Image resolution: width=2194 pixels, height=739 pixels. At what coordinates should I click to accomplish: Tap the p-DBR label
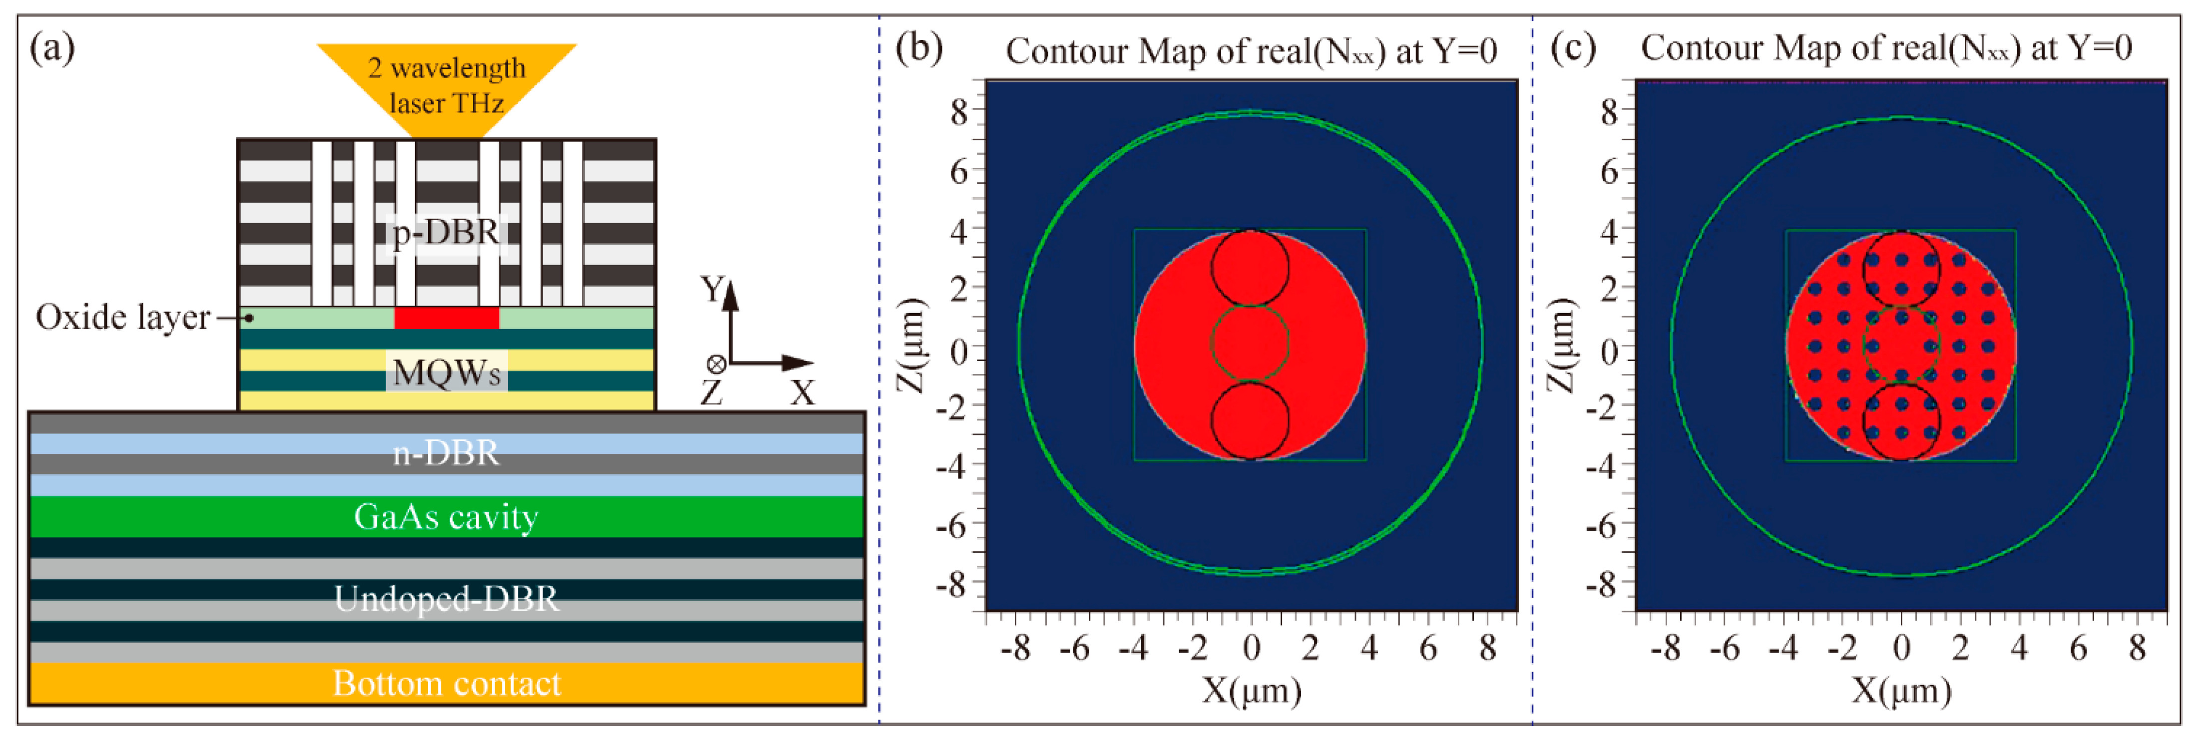tap(446, 232)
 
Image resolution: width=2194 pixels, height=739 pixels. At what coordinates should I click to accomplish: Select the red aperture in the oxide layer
tap(446, 318)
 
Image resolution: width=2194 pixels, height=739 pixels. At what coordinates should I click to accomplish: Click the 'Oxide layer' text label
tap(123, 318)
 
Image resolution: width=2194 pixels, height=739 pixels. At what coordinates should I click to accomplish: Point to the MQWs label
tap(446, 372)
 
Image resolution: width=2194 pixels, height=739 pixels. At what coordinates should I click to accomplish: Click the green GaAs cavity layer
tap(446, 517)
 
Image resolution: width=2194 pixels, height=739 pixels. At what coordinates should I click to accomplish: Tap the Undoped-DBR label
tap(446, 599)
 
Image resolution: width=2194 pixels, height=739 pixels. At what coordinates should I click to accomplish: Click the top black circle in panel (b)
tap(1250, 268)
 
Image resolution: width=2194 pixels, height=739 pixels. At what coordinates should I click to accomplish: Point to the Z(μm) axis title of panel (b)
tap(911, 345)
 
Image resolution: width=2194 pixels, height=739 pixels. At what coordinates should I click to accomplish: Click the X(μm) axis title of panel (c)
tap(1901, 690)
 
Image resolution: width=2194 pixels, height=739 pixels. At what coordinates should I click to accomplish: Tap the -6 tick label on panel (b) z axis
tap(953, 526)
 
